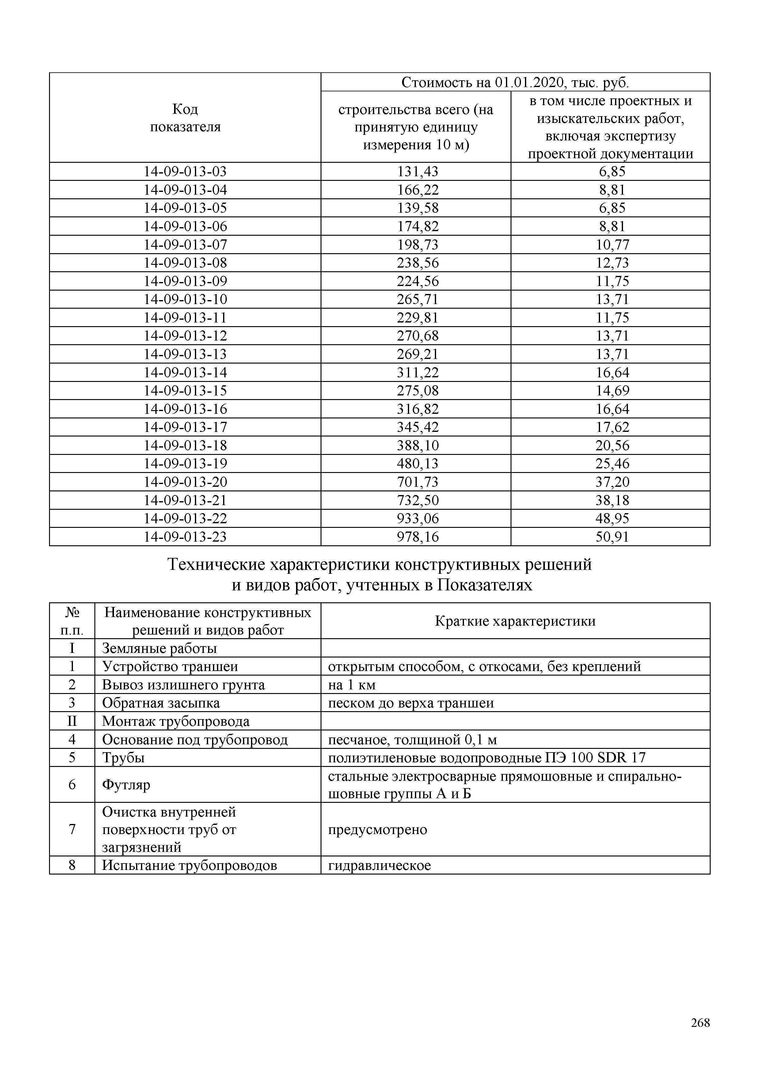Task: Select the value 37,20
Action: point(612,482)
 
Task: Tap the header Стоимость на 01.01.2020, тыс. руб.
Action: point(515,83)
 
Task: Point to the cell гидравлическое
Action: point(379,866)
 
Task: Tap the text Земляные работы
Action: point(159,649)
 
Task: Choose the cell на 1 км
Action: point(351,685)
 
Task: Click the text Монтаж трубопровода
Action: point(176,722)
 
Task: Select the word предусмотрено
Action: point(377,830)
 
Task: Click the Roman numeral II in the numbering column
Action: point(72,722)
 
